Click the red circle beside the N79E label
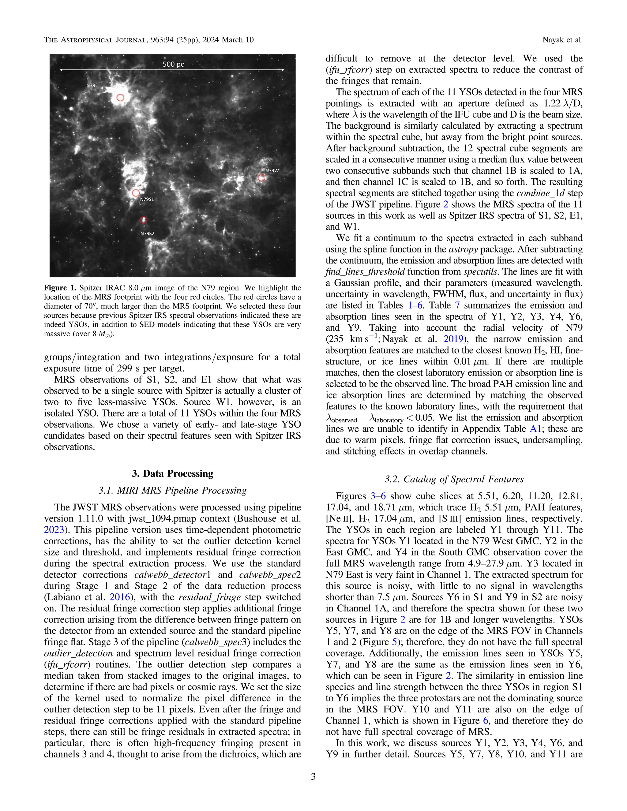pyautogui.click(x=120, y=98)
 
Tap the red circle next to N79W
pyautogui.click(x=261, y=178)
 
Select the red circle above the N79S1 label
pyautogui.click(x=136, y=193)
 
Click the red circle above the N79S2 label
pyautogui.click(x=143, y=220)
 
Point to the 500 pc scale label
pyautogui.click(x=173, y=64)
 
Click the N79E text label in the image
pyautogui.click(x=92, y=85)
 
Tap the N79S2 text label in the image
pyautogui.click(x=147, y=234)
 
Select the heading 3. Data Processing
pyautogui.click(x=172, y=473)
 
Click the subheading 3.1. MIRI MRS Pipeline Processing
pyautogui.click(x=172, y=491)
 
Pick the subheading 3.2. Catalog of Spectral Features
pyautogui.click(x=454, y=479)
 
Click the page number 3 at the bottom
pyautogui.click(x=313, y=776)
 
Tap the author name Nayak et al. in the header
pyautogui.click(x=562, y=40)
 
